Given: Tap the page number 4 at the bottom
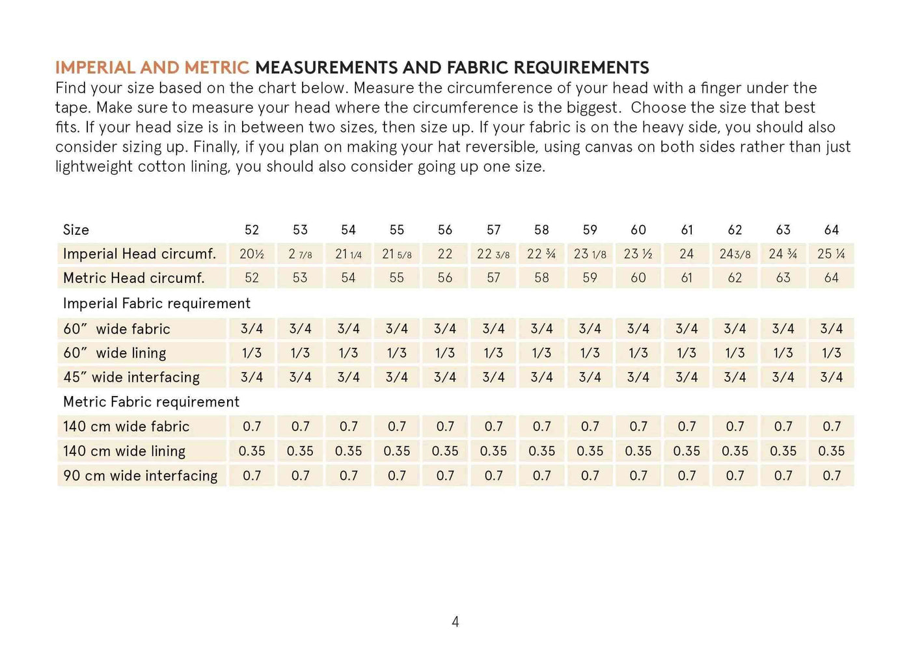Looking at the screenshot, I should (x=455, y=622).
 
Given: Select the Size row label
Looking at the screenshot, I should (x=76, y=230).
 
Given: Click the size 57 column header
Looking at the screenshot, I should (x=494, y=230).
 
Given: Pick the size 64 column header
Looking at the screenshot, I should (x=832, y=230).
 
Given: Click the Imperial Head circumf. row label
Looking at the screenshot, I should (x=139, y=254).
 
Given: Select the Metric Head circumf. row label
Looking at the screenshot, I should (x=134, y=278).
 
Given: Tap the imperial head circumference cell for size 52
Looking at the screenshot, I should (x=252, y=254).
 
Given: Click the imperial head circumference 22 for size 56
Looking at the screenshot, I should (x=445, y=254).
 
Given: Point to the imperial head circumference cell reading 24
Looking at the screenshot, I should (x=687, y=254).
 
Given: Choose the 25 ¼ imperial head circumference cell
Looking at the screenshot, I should (x=832, y=254).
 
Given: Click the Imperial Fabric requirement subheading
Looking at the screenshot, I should (x=157, y=303).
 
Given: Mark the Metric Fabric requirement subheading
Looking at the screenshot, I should (x=151, y=402).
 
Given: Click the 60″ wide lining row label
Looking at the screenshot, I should (x=115, y=353).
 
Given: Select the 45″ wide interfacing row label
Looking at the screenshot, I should (x=131, y=377).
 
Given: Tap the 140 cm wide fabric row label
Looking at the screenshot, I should (x=126, y=427).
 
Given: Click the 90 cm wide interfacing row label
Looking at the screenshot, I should (x=141, y=475).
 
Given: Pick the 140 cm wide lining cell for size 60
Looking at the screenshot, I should (x=638, y=451).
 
